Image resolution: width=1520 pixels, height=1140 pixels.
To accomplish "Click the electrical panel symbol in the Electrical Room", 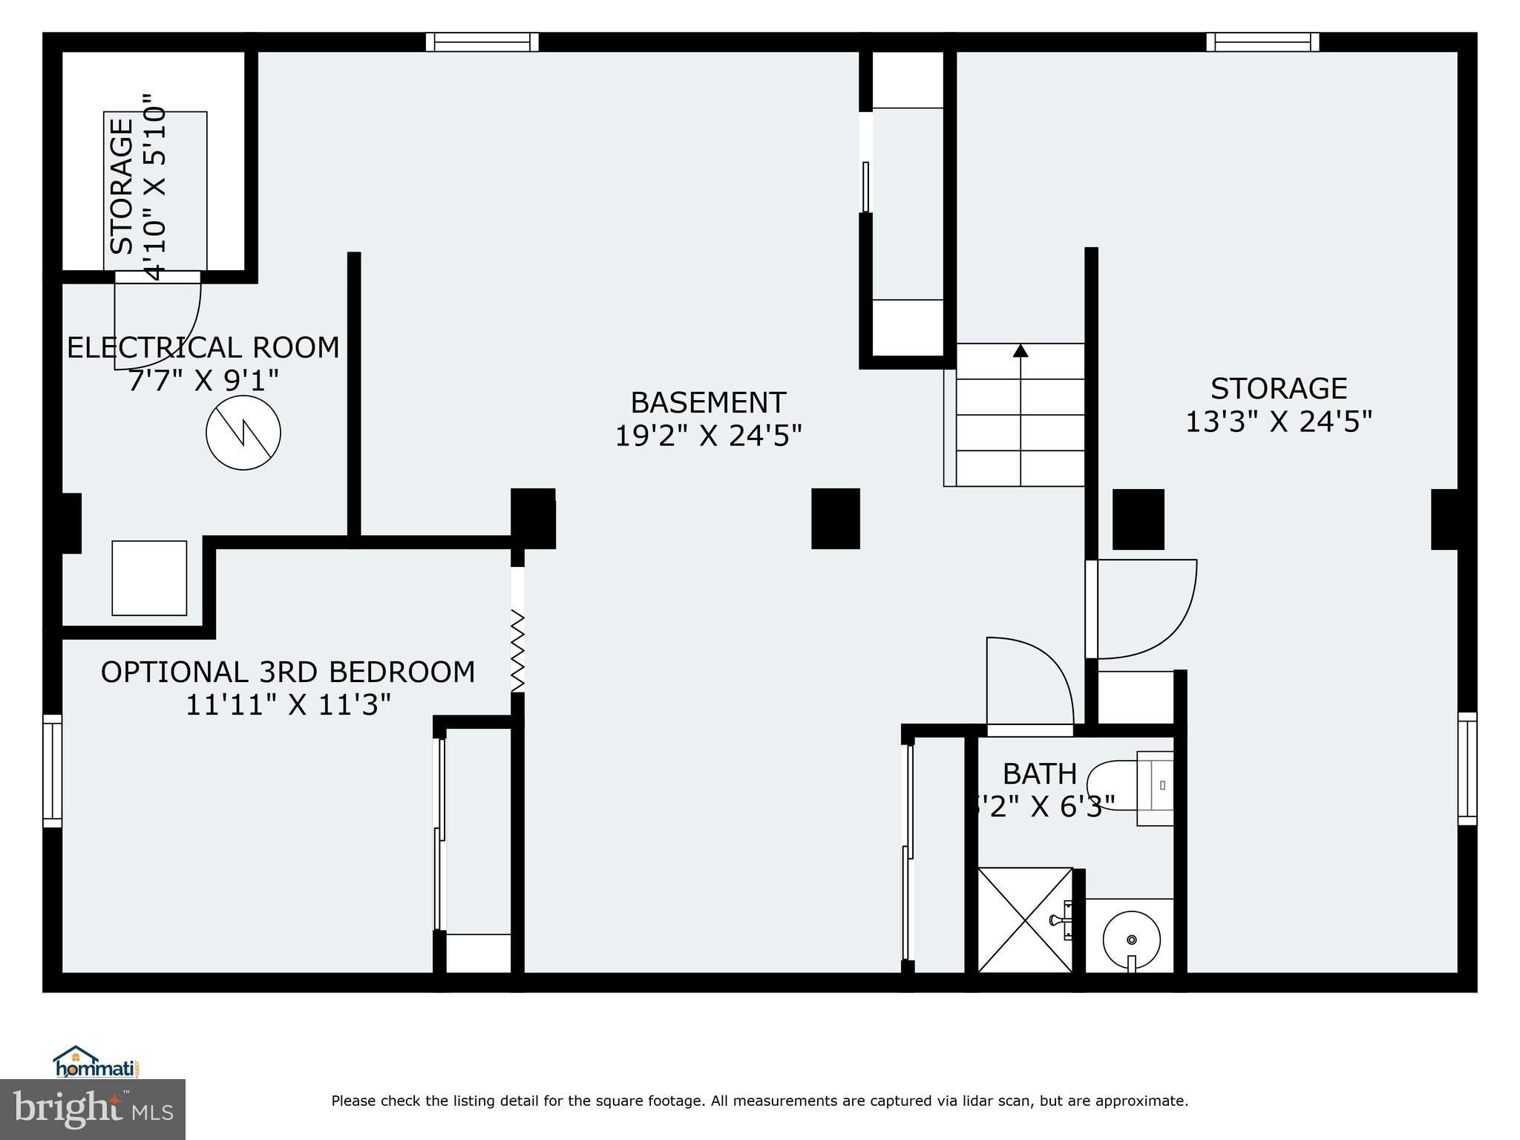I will (x=243, y=433).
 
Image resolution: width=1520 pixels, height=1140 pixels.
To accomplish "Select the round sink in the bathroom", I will (x=1131, y=939).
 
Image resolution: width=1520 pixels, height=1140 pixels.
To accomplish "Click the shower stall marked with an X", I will (x=1025, y=920).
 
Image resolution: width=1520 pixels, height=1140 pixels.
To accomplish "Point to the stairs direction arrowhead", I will (x=1021, y=350).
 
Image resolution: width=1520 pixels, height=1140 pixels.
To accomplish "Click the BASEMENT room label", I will (x=708, y=403).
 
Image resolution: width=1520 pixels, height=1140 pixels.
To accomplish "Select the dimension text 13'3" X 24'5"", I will (x=1278, y=422).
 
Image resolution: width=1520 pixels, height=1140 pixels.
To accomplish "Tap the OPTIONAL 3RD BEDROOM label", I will (x=288, y=672).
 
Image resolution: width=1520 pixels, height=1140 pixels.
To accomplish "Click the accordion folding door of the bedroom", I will (x=517, y=650).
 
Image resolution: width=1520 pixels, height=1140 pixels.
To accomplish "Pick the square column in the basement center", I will (x=835, y=518).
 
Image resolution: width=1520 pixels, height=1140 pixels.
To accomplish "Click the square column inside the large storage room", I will (x=1138, y=519).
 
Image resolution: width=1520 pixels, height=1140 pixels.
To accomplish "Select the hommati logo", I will (x=96, y=1063).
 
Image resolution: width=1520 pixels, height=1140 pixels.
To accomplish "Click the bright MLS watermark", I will (x=93, y=1110).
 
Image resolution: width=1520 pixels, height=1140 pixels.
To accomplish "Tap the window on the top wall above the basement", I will (x=482, y=42).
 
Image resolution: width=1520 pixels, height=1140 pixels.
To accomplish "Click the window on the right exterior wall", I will (x=1467, y=768).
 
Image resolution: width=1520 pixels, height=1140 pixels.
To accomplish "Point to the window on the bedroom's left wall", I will (x=52, y=770).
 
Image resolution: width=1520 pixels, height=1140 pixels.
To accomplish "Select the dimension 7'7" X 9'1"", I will (x=203, y=381).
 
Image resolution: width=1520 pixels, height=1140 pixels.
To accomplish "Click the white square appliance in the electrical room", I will (x=149, y=577).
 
